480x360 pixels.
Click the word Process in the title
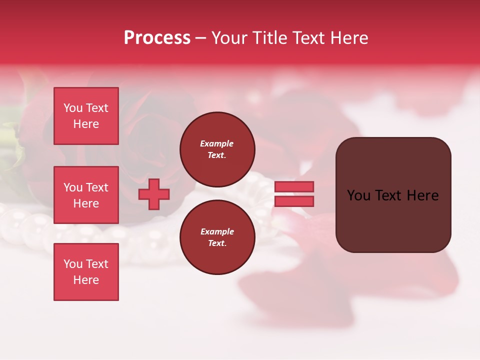click(x=157, y=38)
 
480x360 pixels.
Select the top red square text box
click(x=86, y=116)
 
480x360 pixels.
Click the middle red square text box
click(x=86, y=195)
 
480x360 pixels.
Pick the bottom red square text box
click(x=86, y=272)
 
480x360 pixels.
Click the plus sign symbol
click(x=154, y=194)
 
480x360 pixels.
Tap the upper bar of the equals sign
click(x=294, y=186)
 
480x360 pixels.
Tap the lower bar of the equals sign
click(x=294, y=201)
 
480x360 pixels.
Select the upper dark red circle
click(x=217, y=149)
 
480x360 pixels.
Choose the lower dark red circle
click(x=217, y=237)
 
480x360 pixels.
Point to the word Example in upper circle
click(x=217, y=143)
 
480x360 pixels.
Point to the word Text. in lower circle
click(x=217, y=243)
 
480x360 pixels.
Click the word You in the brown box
click(x=359, y=195)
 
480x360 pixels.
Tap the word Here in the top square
click(x=86, y=124)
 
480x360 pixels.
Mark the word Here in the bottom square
click(x=86, y=280)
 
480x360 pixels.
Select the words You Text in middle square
click(x=86, y=187)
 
